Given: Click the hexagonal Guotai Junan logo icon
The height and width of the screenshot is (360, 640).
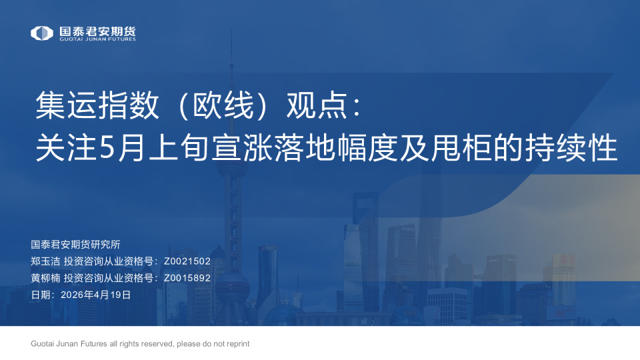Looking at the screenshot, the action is click(41, 33).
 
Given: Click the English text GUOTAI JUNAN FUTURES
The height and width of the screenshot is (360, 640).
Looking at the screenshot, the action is click(97, 39).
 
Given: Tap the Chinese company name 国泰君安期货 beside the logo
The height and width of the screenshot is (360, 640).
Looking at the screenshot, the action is click(97, 31).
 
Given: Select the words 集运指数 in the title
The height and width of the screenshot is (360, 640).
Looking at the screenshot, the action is click(97, 105).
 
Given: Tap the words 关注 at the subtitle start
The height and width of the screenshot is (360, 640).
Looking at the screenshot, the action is click(66, 148).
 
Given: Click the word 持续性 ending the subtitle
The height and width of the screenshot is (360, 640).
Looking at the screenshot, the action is click(571, 148).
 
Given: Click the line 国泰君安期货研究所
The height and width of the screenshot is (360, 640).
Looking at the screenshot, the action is click(75, 245).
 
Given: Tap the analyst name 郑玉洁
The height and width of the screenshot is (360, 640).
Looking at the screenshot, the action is click(45, 261).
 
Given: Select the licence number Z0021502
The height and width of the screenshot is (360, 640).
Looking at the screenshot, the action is click(187, 261).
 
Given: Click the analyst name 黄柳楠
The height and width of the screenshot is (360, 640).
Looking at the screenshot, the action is click(45, 278).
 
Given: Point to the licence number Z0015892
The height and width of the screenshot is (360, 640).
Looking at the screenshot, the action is click(187, 278).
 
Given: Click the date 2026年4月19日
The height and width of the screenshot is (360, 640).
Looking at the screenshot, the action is click(95, 295).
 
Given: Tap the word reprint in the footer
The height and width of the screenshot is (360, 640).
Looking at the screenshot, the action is click(238, 344).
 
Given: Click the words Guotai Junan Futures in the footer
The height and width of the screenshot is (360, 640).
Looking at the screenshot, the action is click(69, 344).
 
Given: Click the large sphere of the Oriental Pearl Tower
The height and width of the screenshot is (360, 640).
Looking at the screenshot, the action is click(232, 287).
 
